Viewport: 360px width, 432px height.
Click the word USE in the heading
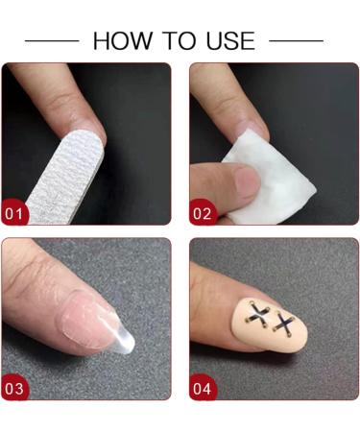pos(228,40)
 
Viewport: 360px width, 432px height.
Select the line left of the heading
pos(52,41)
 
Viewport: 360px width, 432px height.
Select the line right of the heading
pos(297,41)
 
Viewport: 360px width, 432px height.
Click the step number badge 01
pos(15,212)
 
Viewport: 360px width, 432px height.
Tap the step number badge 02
pos(203,212)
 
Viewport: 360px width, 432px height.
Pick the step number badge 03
pos(15,388)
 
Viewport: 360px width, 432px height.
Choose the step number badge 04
pos(203,388)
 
